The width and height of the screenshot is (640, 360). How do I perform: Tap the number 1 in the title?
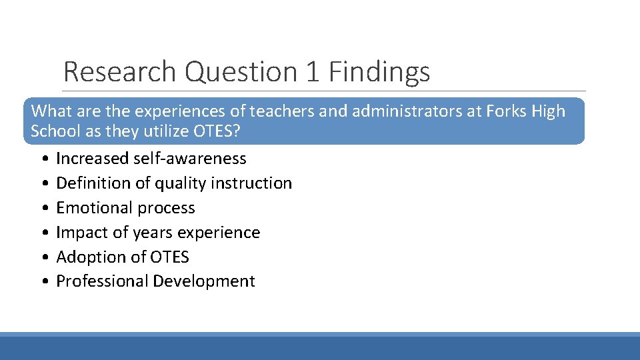[x=313, y=72]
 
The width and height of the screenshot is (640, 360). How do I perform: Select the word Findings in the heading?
[x=379, y=72]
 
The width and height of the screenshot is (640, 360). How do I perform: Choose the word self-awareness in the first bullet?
[x=190, y=159]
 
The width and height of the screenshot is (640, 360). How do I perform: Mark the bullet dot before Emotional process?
[x=43, y=208]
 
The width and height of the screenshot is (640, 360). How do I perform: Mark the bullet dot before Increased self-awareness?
[x=43, y=159]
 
